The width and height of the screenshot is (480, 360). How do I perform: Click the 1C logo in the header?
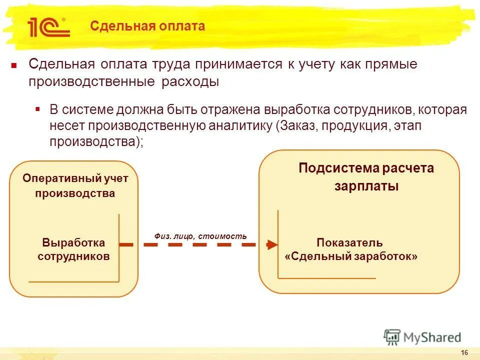(48, 27)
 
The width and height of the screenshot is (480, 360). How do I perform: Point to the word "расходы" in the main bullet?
(190, 81)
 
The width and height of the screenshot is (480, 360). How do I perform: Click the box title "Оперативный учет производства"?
(75, 185)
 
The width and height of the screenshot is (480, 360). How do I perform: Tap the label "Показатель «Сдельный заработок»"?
(350, 250)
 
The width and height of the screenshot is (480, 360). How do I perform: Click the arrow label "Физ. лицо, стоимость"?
(200, 236)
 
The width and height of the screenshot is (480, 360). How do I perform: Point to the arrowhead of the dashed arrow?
(271, 245)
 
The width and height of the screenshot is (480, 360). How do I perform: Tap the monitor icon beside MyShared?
(392, 336)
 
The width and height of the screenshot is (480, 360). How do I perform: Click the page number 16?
(464, 353)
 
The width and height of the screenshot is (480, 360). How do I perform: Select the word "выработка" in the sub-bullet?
(292, 110)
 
